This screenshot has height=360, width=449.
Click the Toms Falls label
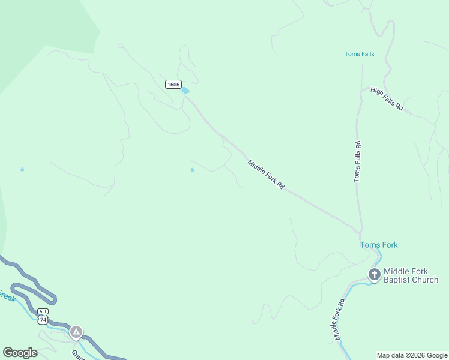(359, 54)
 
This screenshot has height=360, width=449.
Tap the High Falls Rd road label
(387, 99)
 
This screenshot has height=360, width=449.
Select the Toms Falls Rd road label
(357, 161)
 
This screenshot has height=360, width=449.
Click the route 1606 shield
(173, 85)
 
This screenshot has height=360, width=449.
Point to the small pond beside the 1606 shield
(185, 91)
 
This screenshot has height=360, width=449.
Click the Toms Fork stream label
(379, 245)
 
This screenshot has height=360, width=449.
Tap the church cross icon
(374, 275)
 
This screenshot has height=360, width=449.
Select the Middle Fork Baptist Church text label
(411, 275)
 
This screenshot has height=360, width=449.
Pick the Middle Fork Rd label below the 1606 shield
(265, 175)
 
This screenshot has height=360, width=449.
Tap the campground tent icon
(76, 331)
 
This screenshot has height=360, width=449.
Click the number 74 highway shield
(43, 320)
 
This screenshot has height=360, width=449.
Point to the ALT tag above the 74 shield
(43, 311)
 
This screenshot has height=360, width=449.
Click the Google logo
(20, 353)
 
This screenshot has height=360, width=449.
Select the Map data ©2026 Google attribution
(412, 355)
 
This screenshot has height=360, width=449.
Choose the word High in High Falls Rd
(377, 92)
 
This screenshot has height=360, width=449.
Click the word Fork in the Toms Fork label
(388, 245)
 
